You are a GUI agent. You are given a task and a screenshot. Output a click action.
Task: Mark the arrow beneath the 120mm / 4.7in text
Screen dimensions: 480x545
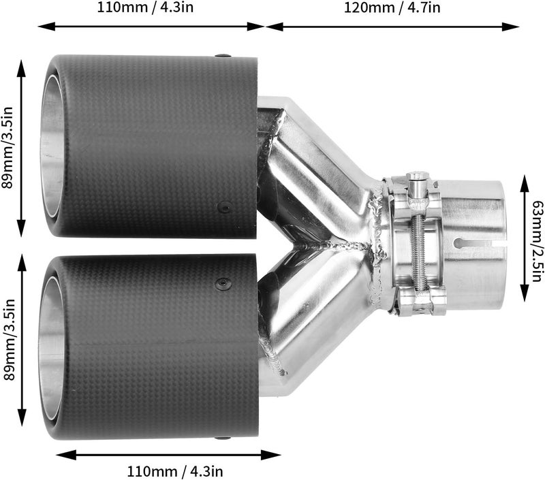(x=392, y=27)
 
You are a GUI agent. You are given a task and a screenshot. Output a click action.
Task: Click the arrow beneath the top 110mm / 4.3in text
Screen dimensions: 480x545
(x=151, y=27)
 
